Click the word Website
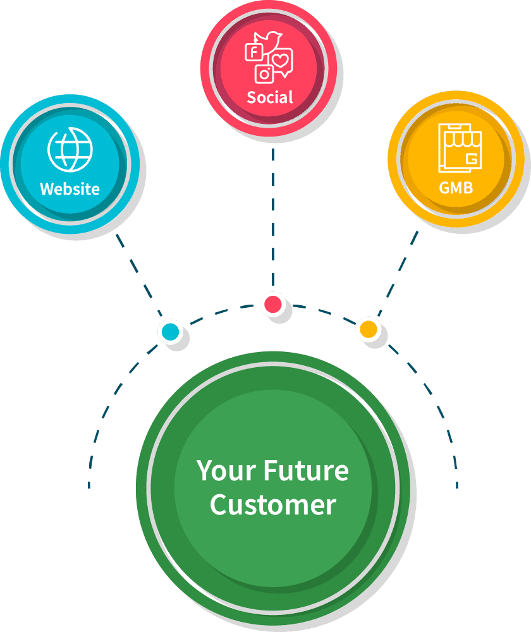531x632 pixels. pos(70,188)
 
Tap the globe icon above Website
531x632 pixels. pos(70,150)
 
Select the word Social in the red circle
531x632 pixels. pos(270,97)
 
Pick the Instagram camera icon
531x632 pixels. pos(264,74)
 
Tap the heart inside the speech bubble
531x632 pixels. pos(282,61)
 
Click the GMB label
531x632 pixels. pos(456,188)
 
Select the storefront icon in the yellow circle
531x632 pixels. pos(458,149)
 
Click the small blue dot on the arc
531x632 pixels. pos(169,331)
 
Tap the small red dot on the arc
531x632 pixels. pos(273,304)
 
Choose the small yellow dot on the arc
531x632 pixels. pos(367,329)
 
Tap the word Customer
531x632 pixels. pos(272,505)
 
